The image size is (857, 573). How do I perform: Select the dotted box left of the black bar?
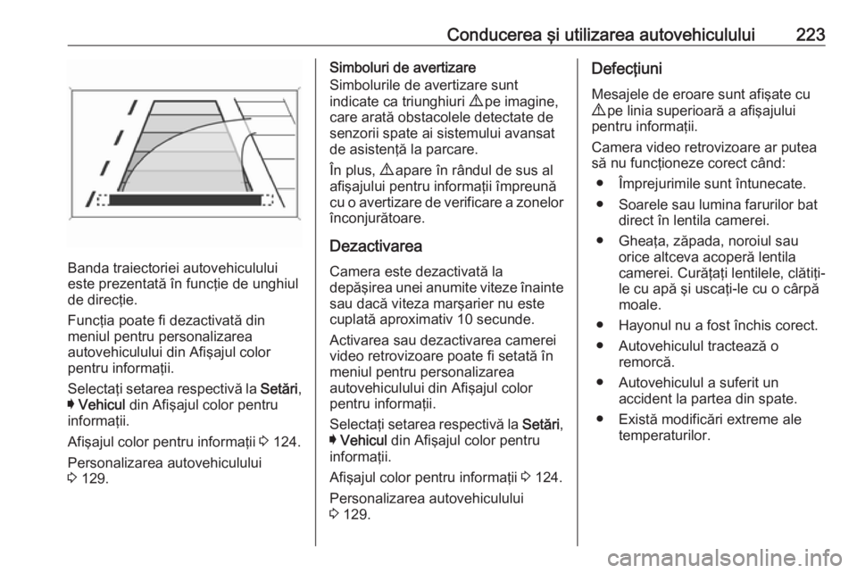pos(101,201)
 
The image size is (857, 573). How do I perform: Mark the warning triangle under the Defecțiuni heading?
pos(600,106)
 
